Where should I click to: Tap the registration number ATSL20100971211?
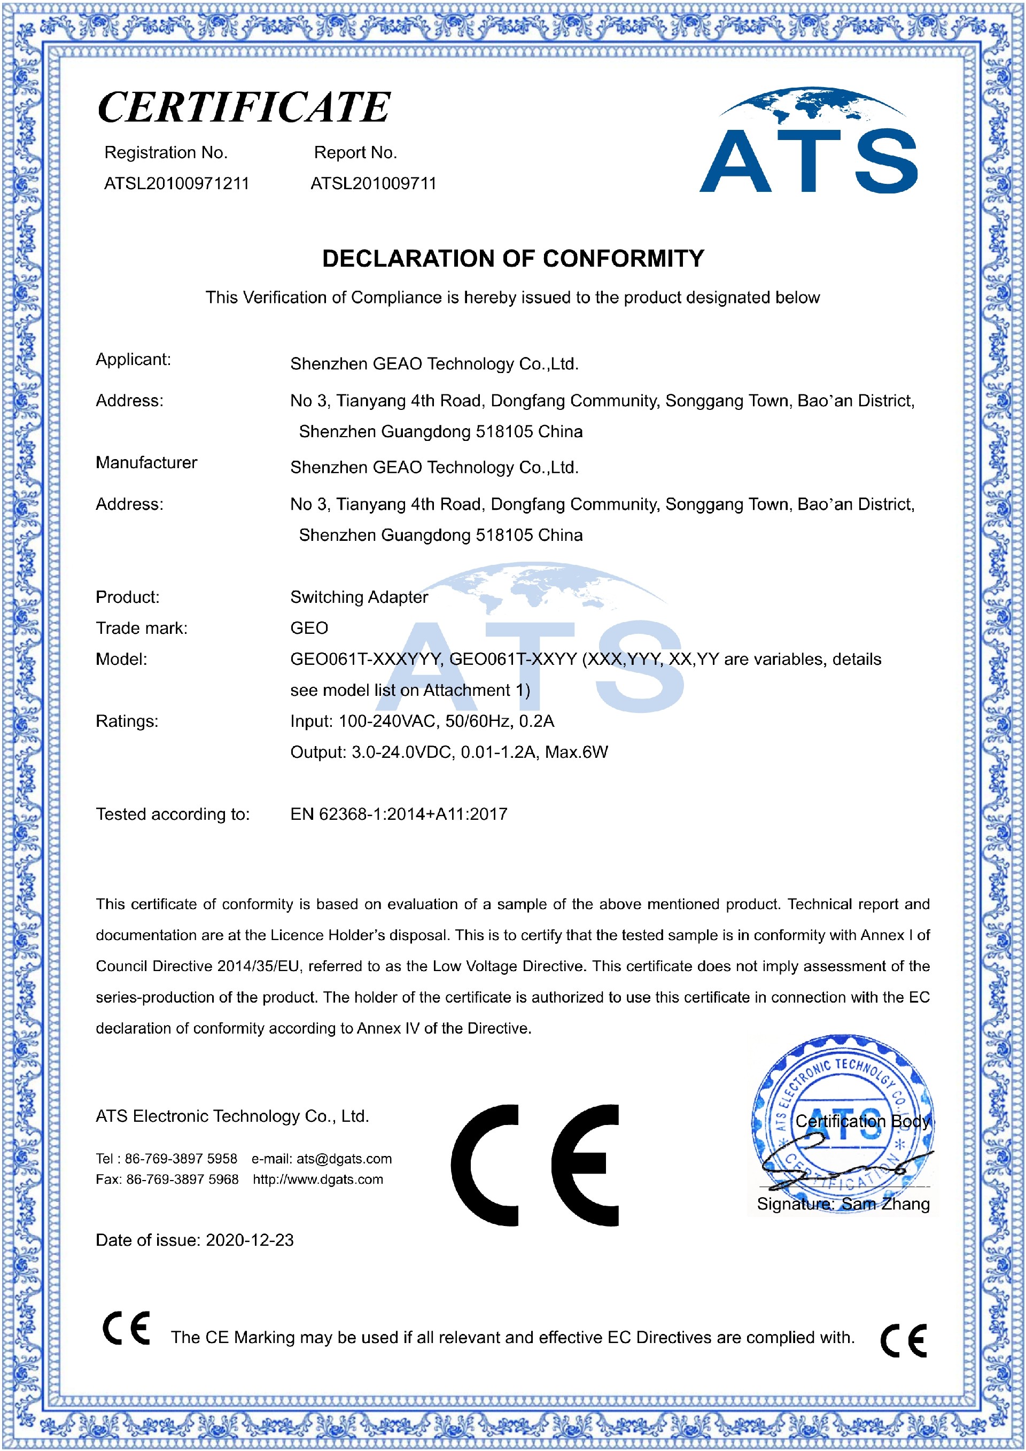pos(176,183)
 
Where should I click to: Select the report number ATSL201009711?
pos(374,183)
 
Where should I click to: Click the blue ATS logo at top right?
pos(808,142)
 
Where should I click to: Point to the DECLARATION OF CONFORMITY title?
pos(512,259)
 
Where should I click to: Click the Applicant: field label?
pos(133,360)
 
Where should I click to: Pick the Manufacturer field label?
pos(146,463)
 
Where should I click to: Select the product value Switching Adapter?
pos(359,597)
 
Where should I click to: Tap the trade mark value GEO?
pos(309,628)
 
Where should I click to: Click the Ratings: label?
pos(127,721)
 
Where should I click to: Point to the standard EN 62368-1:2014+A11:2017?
pos(399,814)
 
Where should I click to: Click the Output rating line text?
pos(448,752)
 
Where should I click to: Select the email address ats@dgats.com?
pos(344,1159)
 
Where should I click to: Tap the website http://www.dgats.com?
pos(318,1180)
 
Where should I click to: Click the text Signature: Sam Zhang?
pos(843,1204)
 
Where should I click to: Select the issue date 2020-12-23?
pos(250,1240)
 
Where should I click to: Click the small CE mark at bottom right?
pos(904,1340)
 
